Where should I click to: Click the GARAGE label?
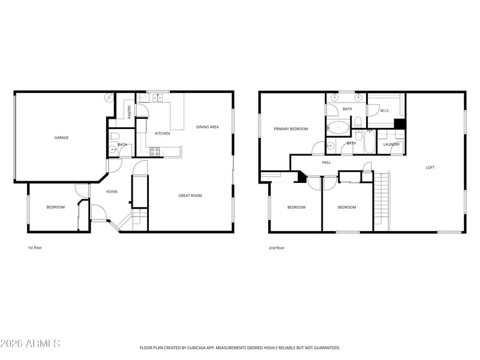[x=61, y=138]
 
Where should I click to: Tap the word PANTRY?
[x=130, y=112]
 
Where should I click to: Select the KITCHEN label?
[x=163, y=133]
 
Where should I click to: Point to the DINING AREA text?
[x=208, y=127]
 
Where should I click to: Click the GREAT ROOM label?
[x=190, y=196]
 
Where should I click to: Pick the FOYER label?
[x=112, y=192]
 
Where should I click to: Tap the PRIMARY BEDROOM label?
[x=291, y=129]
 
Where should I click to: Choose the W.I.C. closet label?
[x=385, y=111]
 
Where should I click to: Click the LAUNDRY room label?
[x=392, y=145]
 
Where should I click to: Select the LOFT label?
[x=430, y=168]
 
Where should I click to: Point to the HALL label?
[x=326, y=163]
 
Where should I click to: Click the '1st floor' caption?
[x=35, y=248]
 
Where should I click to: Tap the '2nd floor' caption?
[x=277, y=248]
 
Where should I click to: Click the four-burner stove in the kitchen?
[x=155, y=152]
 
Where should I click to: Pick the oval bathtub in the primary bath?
[x=338, y=127]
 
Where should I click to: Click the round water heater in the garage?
[x=109, y=98]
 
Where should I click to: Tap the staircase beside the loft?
[x=382, y=201]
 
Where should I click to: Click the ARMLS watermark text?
[x=30, y=343]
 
